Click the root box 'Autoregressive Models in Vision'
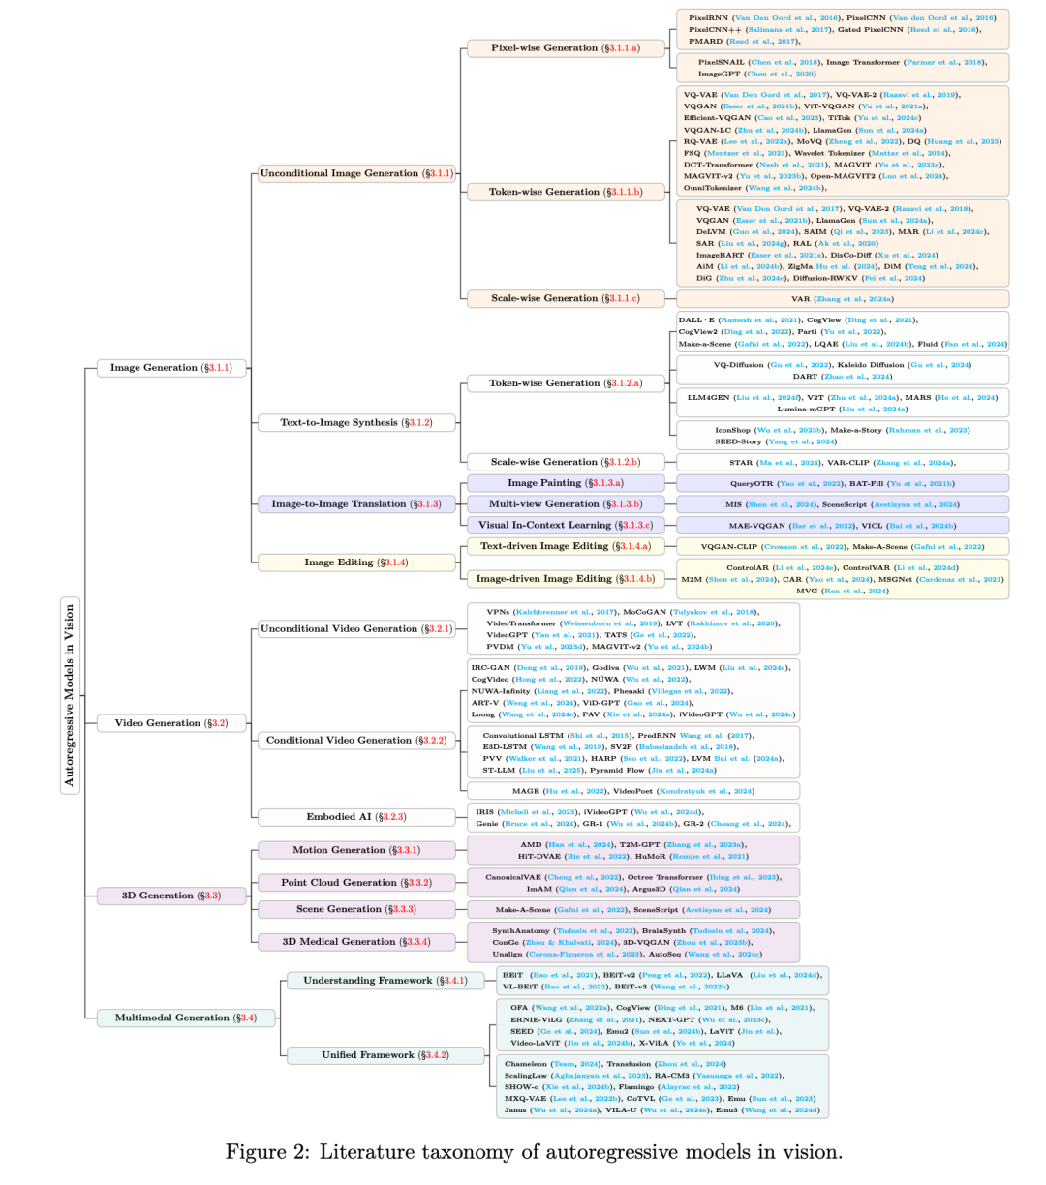tap(70, 695)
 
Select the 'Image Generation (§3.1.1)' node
tap(170, 368)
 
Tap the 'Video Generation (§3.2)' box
tap(170, 723)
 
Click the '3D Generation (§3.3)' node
tap(170, 896)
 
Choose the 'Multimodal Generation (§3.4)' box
tap(185, 1018)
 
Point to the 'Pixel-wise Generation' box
tap(566, 47)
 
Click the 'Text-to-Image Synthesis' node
tap(355, 422)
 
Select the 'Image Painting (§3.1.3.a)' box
tap(566, 482)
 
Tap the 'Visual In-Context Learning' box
tap(566, 525)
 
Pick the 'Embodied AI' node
tap(355, 817)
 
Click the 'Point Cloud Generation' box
tap(355, 883)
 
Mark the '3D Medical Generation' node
tap(355, 941)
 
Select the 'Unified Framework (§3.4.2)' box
tap(385, 1054)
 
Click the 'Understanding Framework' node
tap(385, 981)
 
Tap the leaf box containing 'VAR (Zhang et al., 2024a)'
tap(841, 298)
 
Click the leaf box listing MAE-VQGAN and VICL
tap(841, 525)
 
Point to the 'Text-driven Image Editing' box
tap(566, 546)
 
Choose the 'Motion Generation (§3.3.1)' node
tap(355, 850)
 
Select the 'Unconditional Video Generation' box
tap(355, 628)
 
